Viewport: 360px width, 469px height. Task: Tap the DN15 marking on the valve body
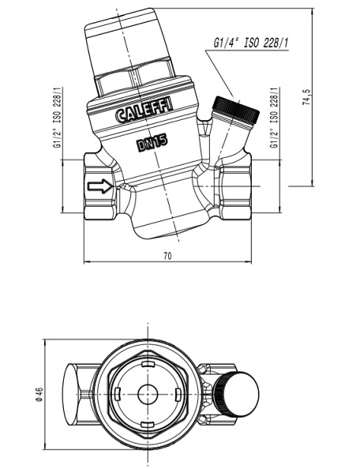point(152,143)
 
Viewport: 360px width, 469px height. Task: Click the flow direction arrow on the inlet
point(99,186)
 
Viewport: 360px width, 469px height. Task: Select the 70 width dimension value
point(167,256)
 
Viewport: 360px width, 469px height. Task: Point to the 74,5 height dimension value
point(307,97)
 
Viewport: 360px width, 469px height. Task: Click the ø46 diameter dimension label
point(39,395)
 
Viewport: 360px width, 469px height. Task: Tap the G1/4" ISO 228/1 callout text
point(250,43)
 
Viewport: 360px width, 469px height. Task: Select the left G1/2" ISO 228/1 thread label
point(57,118)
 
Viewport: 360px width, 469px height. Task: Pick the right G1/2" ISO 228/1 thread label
point(274,118)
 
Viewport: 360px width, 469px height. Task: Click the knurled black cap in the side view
point(235,109)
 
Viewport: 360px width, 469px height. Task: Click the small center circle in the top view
point(148,395)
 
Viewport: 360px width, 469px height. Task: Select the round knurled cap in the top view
point(237,395)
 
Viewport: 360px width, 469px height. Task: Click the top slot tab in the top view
point(148,364)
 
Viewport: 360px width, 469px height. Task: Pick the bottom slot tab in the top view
point(148,425)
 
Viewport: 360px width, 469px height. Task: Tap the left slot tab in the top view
point(117,395)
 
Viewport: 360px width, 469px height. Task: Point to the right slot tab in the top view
point(178,395)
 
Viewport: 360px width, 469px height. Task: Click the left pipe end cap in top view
point(72,395)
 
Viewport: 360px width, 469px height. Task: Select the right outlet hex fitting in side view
point(235,186)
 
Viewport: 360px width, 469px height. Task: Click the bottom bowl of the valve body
point(171,219)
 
